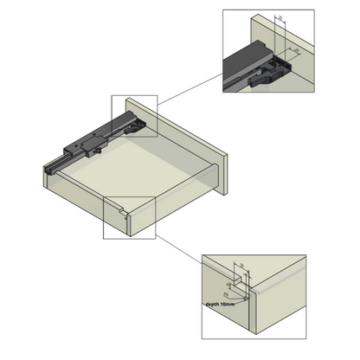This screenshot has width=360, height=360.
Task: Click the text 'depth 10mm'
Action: [x=221, y=304]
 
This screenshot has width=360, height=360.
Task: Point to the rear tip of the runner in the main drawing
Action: [x=49, y=165]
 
